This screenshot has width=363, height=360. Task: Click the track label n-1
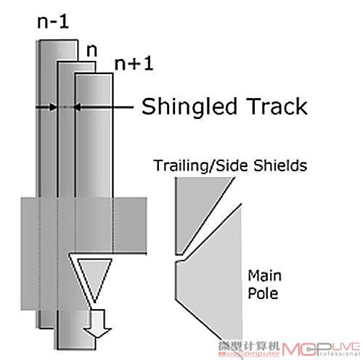coord(53,22)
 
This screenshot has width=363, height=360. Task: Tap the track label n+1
coord(134,64)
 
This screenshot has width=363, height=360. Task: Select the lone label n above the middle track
coord(91,51)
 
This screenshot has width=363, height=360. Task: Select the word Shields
coord(280,165)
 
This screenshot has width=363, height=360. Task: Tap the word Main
coord(265,276)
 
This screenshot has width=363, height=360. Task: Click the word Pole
coord(263,293)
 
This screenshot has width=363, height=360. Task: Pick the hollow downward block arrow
coord(97,323)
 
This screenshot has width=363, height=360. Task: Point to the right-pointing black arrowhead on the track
coord(53,107)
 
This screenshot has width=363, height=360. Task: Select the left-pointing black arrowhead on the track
coord(77,107)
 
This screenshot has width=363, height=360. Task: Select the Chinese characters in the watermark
coord(249,346)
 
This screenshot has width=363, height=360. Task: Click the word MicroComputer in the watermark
coord(249,353)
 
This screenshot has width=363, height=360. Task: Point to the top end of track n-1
coord(58,41)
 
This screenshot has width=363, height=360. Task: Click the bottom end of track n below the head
coord(76,348)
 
